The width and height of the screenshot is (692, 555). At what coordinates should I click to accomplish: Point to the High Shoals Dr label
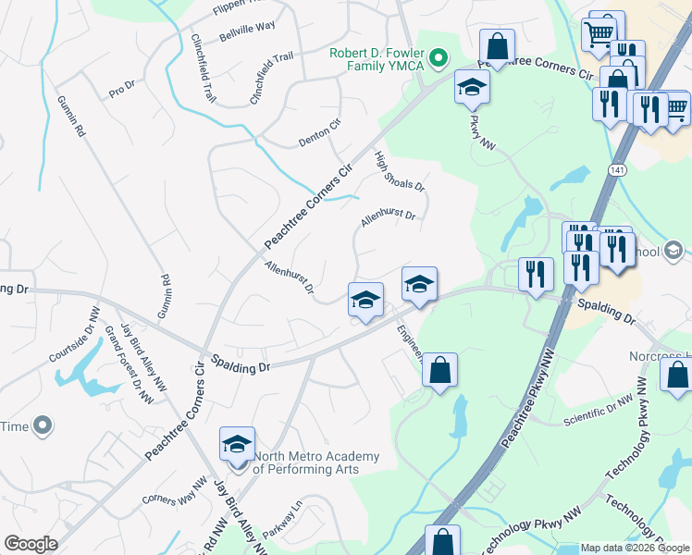coord(400,172)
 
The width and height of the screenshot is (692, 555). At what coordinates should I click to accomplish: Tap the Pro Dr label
coord(122,90)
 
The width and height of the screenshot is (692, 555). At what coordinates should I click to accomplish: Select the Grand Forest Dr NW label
coord(129,365)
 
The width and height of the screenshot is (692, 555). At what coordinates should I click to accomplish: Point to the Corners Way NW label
coord(175,490)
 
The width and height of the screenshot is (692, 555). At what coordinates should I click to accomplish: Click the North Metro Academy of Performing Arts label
coord(316,462)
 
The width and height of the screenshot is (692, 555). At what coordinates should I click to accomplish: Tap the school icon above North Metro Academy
coord(238,445)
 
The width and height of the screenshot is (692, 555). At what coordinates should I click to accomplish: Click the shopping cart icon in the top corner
coord(599,34)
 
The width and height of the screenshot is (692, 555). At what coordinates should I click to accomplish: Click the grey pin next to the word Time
coord(42,425)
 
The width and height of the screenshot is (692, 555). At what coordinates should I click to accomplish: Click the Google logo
coord(31,544)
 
